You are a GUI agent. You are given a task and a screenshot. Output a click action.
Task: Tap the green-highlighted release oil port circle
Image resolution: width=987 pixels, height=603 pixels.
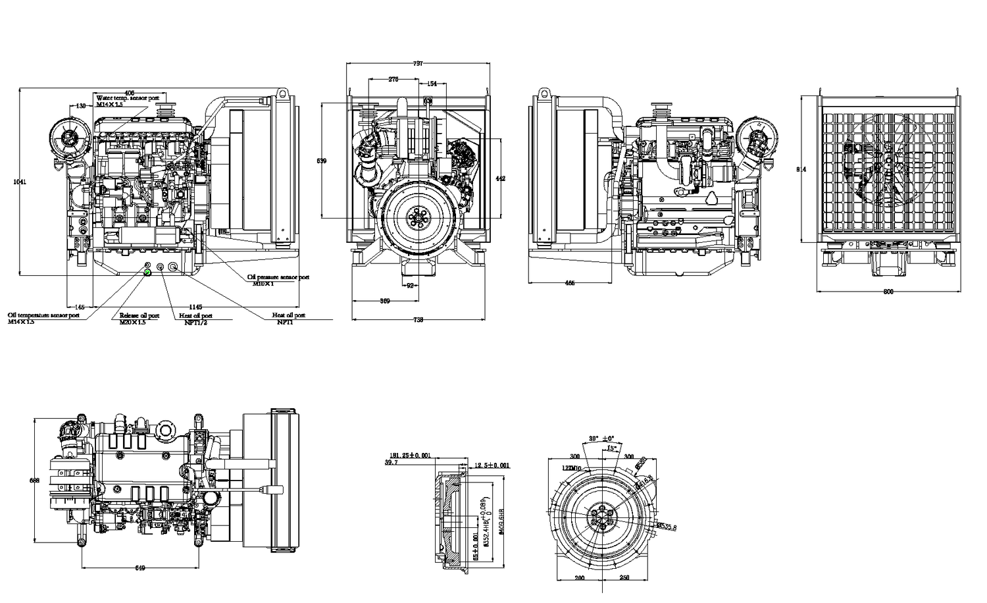tap(147, 271)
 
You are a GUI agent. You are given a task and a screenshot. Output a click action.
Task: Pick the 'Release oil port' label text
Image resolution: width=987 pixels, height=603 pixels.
tap(139, 315)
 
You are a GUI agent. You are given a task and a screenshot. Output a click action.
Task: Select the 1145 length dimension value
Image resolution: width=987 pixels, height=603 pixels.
tap(196, 307)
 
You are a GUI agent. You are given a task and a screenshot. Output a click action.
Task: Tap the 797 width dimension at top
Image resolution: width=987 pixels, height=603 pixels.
tap(418, 64)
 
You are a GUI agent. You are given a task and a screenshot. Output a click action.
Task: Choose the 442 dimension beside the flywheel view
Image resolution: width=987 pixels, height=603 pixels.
tap(500, 178)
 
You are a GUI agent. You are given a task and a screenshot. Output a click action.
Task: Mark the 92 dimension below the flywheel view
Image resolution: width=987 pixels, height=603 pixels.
tap(410, 286)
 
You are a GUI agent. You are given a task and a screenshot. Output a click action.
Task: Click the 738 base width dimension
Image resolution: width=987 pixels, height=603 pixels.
tap(418, 320)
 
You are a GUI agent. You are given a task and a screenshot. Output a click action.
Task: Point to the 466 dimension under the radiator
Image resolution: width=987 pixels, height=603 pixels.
tap(570, 283)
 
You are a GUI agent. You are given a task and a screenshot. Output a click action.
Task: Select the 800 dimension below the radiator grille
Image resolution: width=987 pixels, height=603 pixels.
tap(888, 291)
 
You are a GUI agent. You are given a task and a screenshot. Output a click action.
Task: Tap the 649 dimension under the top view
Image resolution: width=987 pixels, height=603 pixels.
tap(139, 568)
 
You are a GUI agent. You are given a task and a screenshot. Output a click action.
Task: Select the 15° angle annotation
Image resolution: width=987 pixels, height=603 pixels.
tap(611, 448)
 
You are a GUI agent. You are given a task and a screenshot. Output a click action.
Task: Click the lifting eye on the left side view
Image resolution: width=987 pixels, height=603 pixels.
tap(283, 93)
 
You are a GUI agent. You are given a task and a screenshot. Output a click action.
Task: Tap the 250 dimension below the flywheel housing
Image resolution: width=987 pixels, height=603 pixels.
tap(624, 578)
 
